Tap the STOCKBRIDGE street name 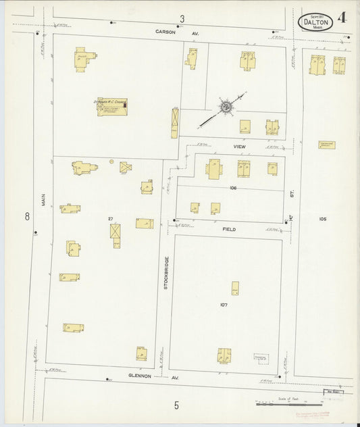coord(165,273)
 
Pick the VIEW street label coord(240,146)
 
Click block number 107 coord(223,305)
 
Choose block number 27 coord(109,219)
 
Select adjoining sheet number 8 coord(27,216)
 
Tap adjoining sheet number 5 coord(177,405)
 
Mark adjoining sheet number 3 coord(182,18)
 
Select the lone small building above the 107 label coord(235,288)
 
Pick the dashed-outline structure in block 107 coord(259,356)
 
